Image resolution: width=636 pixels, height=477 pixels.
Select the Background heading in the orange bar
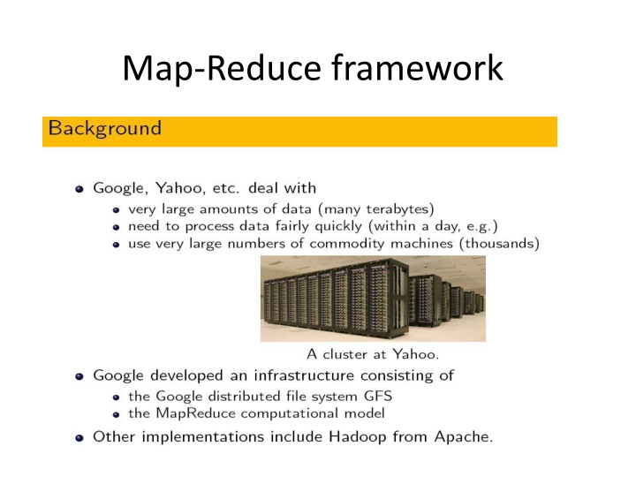[105, 128]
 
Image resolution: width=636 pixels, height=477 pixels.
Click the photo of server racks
[372, 299]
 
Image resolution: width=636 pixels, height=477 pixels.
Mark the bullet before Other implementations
[79, 435]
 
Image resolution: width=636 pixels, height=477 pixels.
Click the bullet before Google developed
[79, 376]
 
